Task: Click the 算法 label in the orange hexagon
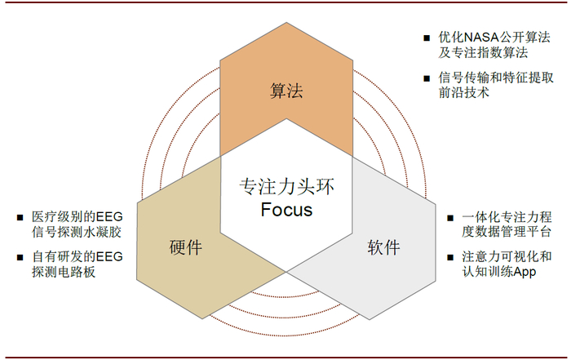click(286, 91)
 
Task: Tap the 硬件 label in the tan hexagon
click(186, 247)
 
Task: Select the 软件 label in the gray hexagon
click(383, 247)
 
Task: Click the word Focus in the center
click(286, 210)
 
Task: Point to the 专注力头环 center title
click(286, 186)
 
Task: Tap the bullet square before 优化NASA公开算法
click(427, 38)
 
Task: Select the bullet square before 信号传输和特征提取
click(427, 78)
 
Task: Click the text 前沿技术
click(463, 93)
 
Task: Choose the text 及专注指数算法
click(483, 53)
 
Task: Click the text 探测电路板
click(64, 273)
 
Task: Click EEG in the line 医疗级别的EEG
click(109, 217)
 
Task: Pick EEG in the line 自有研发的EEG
click(109, 257)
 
